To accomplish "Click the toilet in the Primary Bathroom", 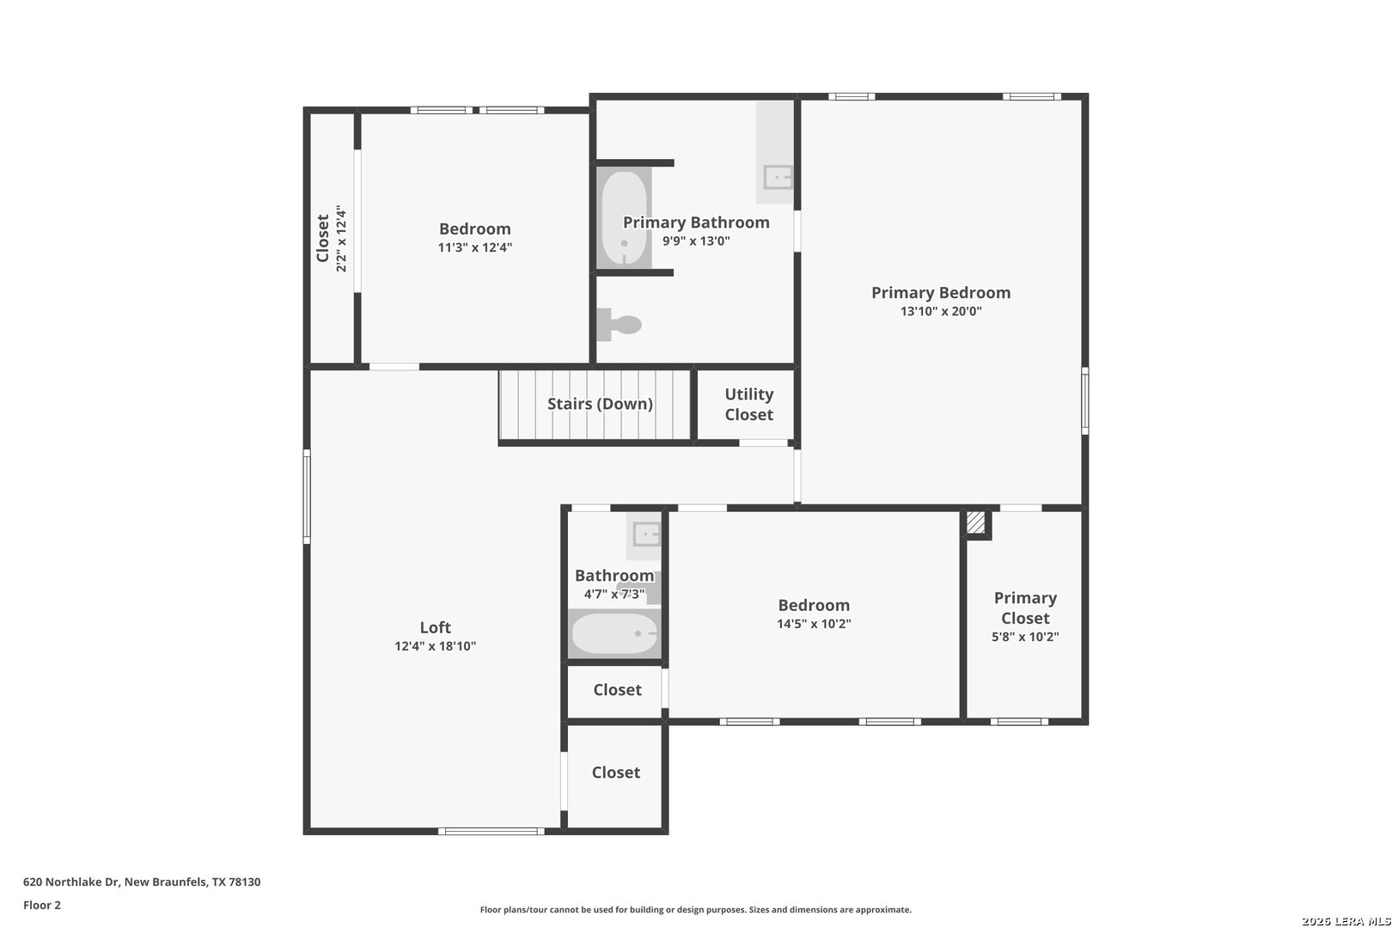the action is click(x=619, y=325).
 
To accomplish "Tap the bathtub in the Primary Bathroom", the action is click(x=624, y=217).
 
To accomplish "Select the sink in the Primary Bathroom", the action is click(x=778, y=177).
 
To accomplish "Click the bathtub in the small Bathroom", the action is click(x=614, y=633).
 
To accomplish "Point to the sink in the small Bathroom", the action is click(x=646, y=534).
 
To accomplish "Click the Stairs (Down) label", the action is click(x=600, y=404).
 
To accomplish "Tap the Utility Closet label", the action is click(x=748, y=404).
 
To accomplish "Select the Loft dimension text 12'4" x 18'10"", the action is click(x=435, y=646).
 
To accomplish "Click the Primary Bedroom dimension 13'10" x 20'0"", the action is click(x=941, y=311).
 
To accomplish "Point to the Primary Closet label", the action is click(x=1025, y=607).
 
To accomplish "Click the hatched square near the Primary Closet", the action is click(x=975, y=522).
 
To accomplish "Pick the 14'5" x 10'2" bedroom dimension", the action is click(x=814, y=624).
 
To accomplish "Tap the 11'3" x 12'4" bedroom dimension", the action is click(x=475, y=247).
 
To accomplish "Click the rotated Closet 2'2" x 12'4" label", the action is click(x=331, y=239).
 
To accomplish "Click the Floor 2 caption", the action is click(x=42, y=905).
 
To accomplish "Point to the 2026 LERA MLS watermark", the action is click(x=1346, y=921).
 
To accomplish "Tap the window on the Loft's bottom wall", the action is click(x=491, y=831).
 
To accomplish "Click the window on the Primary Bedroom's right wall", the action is click(x=1085, y=401).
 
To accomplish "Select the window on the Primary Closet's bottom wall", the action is click(x=1019, y=722).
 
